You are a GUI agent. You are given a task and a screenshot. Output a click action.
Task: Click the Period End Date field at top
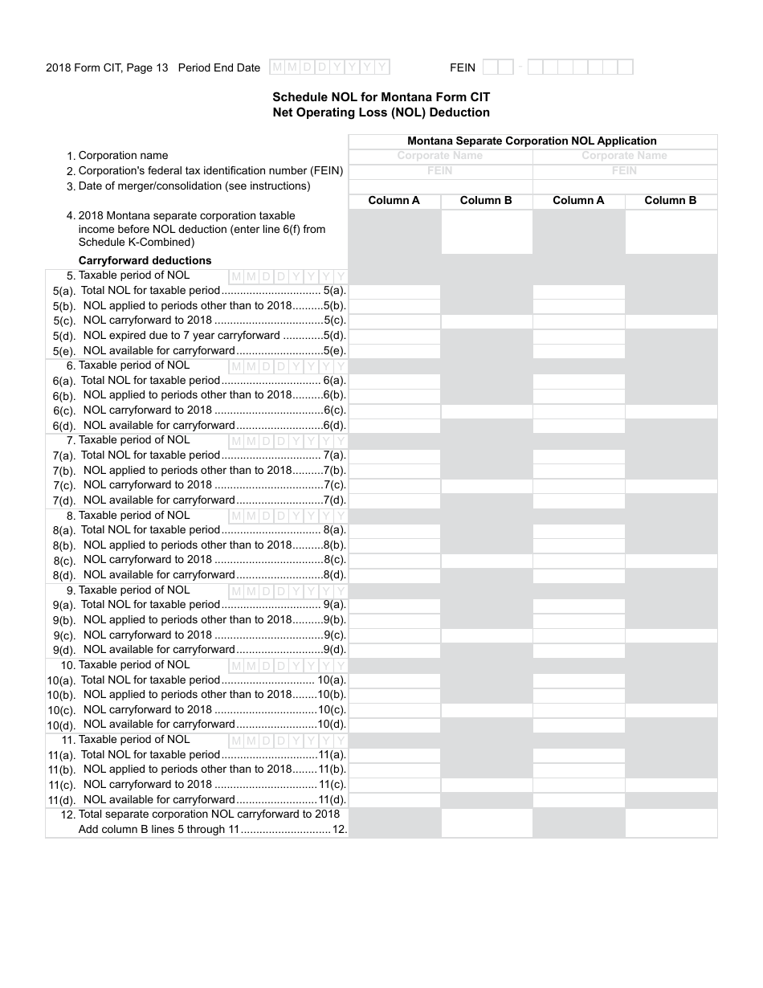click(329, 67)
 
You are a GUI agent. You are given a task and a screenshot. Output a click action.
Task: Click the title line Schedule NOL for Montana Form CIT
click(381, 97)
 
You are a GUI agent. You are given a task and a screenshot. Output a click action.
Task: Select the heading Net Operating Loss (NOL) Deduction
click(381, 112)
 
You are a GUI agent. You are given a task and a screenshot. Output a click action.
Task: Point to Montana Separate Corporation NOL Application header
click(532, 141)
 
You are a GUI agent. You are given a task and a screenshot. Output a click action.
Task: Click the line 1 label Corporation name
click(123, 156)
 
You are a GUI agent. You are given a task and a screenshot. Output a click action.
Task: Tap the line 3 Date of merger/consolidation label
click(194, 186)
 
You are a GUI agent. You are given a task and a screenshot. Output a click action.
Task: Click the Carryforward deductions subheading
click(145, 260)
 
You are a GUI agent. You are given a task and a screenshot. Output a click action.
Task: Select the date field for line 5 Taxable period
click(288, 276)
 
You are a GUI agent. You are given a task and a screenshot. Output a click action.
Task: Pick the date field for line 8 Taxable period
click(288, 516)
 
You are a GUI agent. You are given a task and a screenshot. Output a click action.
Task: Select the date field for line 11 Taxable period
click(288, 741)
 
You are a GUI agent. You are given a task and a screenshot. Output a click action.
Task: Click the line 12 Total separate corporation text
click(209, 814)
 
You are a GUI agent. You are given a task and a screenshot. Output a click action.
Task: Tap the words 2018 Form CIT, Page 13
click(107, 68)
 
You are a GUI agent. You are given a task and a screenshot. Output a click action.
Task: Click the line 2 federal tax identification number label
click(210, 171)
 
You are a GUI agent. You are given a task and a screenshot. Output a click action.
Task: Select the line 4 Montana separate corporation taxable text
click(186, 216)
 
